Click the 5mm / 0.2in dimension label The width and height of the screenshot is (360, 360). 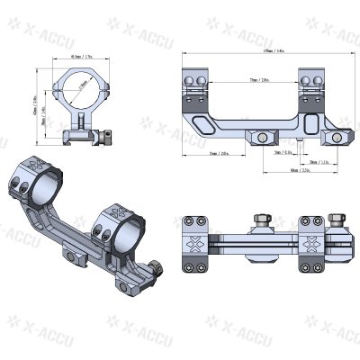tap(282, 153)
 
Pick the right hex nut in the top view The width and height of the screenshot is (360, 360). tap(337, 220)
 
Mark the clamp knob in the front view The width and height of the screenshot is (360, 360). tap(107, 139)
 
